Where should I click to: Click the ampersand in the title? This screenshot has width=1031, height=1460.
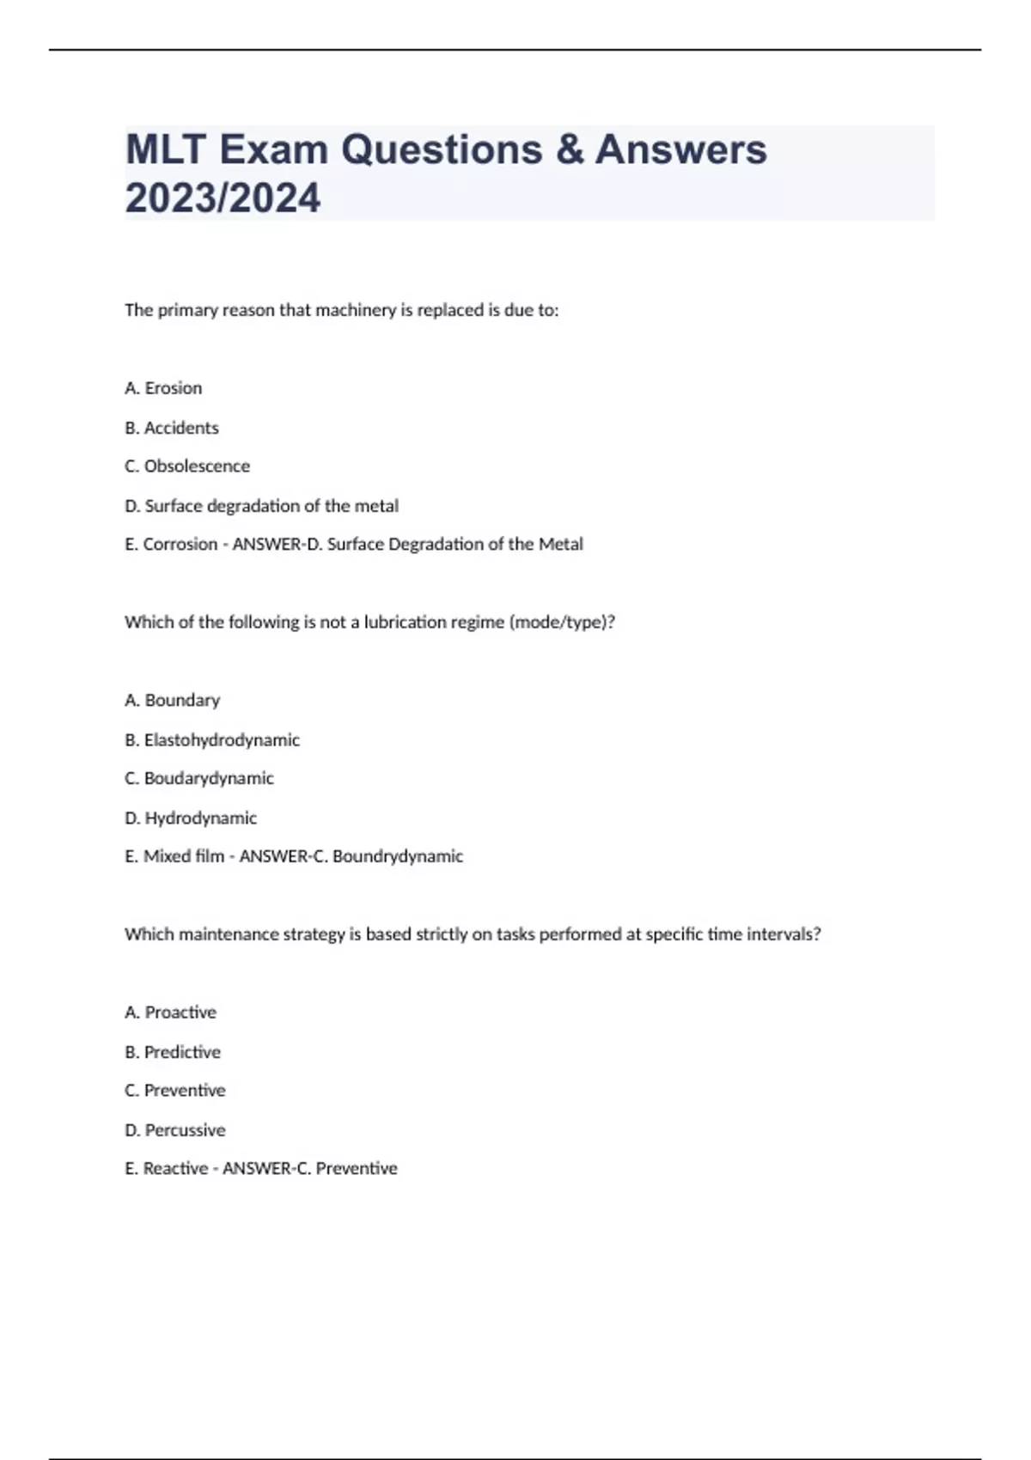(x=568, y=149)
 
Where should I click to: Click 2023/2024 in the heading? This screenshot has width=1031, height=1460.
(x=223, y=198)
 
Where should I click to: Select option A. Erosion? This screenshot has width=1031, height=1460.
(x=163, y=388)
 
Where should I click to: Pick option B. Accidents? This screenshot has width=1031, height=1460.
(x=172, y=428)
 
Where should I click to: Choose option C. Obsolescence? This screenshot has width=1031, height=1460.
(x=187, y=466)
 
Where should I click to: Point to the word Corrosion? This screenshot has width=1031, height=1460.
(x=180, y=544)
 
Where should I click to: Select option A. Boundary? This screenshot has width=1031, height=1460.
(x=172, y=701)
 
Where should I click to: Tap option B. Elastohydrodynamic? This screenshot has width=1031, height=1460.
(x=212, y=740)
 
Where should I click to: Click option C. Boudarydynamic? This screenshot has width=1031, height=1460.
(x=199, y=779)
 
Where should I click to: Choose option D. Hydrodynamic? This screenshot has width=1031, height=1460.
(x=191, y=818)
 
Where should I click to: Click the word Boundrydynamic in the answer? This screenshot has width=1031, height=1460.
(x=398, y=856)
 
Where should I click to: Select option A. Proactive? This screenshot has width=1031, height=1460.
(x=170, y=1013)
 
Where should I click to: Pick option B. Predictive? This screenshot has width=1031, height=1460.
(x=173, y=1052)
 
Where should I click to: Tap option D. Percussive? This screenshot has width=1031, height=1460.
(x=175, y=1130)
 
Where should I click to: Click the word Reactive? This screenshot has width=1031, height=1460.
(x=175, y=1169)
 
